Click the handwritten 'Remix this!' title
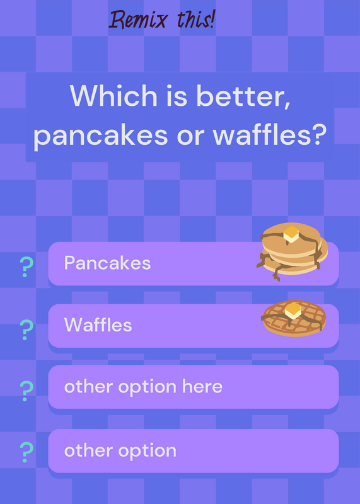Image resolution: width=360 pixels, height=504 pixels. point(162,20)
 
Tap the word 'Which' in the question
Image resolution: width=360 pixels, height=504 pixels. point(113,96)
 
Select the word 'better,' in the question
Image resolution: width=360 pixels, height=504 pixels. point(243,96)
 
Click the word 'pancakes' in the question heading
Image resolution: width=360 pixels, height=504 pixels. point(100,135)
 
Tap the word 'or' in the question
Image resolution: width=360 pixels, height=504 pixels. point(190,137)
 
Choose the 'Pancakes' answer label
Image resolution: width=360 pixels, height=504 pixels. point(107,263)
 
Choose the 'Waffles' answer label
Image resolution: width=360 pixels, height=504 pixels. point(98,324)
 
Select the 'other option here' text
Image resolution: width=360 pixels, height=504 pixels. point(144,386)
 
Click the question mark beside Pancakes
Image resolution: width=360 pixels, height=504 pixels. point(26,266)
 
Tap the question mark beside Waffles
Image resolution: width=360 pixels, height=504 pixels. point(26,329)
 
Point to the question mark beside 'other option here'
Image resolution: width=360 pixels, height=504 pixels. point(26,391)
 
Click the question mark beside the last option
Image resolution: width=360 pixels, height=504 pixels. point(26,452)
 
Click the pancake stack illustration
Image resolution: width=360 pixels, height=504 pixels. point(292,251)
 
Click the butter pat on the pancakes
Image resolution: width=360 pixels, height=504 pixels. point(291,234)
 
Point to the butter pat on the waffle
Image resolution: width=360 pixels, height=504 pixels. point(293,311)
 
